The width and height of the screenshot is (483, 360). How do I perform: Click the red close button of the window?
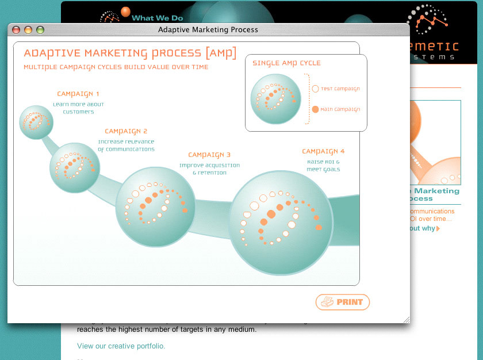point(16,30)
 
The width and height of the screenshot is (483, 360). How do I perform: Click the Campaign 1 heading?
point(78,94)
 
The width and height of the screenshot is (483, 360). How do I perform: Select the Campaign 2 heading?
point(126,131)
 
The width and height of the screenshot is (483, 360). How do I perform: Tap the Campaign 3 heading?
point(209,155)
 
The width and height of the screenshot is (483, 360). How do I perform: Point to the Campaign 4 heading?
point(323,151)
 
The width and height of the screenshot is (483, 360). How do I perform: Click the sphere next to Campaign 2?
point(74,167)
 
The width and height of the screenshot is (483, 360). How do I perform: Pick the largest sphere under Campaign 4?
point(281,223)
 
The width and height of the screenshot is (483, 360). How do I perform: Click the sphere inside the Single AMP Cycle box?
point(276,98)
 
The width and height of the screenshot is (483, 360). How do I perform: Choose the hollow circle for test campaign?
point(315,89)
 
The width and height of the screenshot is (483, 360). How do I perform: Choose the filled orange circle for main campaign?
point(315,109)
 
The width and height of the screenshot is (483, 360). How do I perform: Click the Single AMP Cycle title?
point(286,63)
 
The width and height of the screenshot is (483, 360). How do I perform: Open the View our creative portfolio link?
point(121,346)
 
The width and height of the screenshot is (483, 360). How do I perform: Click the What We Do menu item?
point(157,18)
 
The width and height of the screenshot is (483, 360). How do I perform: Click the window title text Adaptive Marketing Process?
point(208,29)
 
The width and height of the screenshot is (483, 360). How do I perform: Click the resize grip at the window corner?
point(407,319)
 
